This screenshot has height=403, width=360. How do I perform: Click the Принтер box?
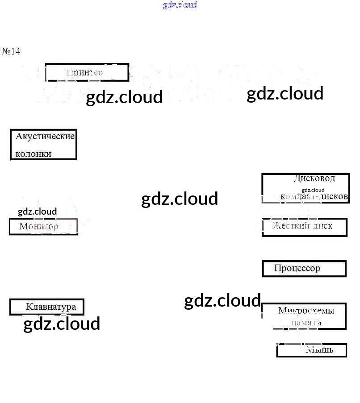pos(87,72)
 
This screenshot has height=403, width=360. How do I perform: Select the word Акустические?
pos(45,136)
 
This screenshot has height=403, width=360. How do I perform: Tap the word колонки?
pos(33,154)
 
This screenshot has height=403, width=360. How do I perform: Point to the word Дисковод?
pos(314,179)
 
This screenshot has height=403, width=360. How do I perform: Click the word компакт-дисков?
pos(314,196)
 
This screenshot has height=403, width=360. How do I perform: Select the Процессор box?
pos(304,269)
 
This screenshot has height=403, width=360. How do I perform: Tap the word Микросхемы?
pos(306,311)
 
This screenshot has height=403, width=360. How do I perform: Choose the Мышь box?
pos(312,350)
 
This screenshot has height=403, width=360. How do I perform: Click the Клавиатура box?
pos(47,307)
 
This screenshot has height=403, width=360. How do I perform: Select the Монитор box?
pos(43,226)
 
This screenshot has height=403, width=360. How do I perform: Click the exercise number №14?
pos(11,51)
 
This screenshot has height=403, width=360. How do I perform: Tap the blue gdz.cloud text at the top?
pos(180,5)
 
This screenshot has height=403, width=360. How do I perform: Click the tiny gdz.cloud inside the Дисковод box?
pos(313,190)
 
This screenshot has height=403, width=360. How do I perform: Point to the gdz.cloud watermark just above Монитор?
pos(37,212)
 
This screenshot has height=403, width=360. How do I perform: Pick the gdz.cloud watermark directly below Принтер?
pos(124,97)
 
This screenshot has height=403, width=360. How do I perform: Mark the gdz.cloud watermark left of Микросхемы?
pos(222,301)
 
